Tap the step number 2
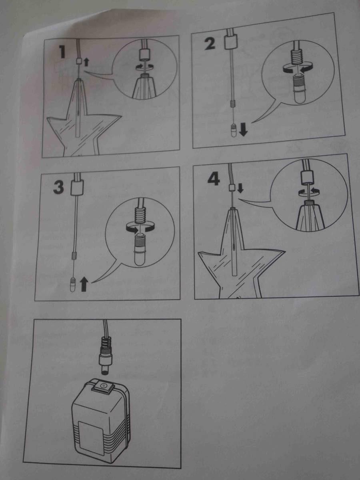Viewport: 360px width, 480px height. click(210, 44)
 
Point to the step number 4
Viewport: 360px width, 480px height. click(213, 179)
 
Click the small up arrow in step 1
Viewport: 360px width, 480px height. click(86, 62)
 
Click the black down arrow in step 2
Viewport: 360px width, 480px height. click(244, 130)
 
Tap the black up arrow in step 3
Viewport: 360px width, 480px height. click(84, 284)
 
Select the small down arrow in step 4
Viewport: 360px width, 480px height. click(240, 188)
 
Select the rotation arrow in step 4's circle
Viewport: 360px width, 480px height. click(308, 191)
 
